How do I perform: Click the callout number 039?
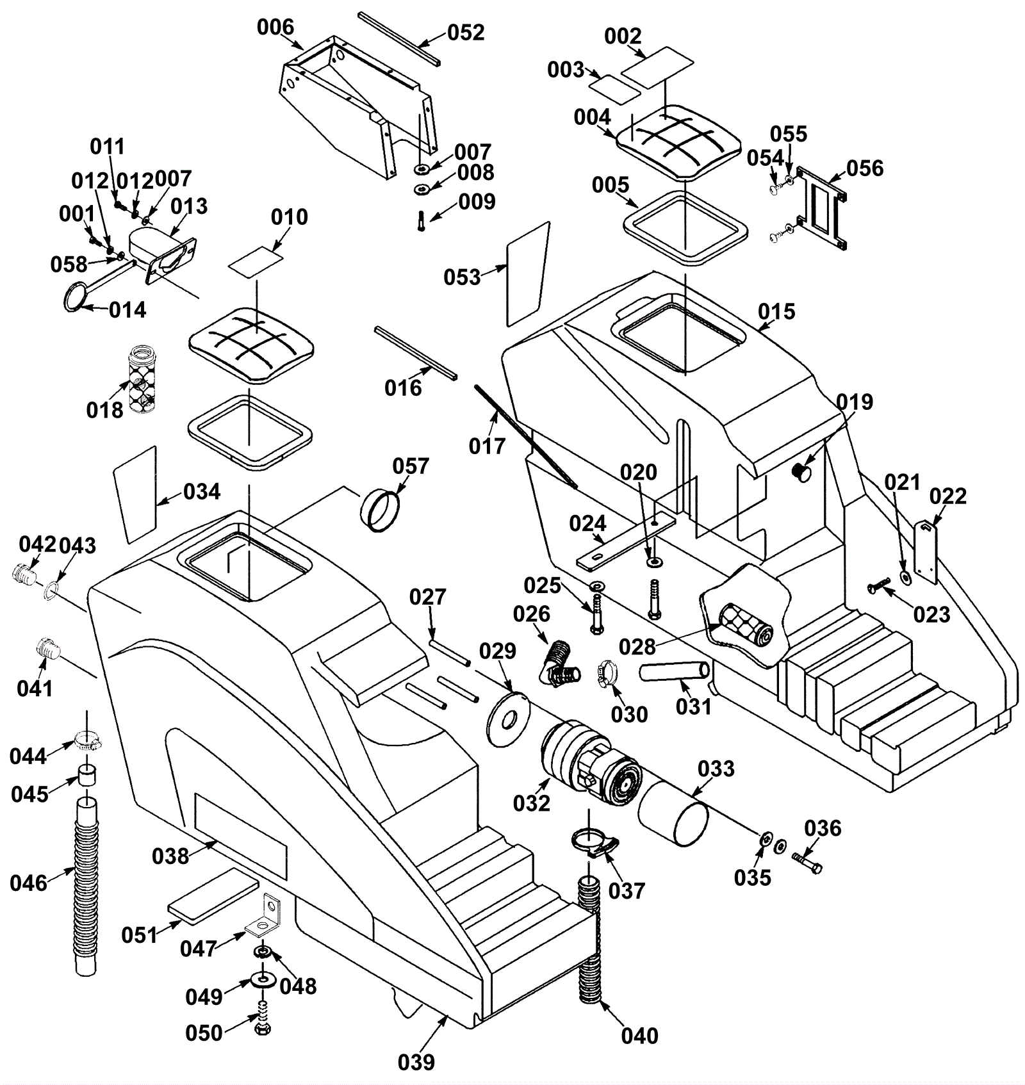coord(416,1062)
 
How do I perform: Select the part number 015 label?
coord(776,312)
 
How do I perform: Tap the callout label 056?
coord(865,168)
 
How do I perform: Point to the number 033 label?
coord(716,769)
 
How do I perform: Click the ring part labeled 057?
coord(381,510)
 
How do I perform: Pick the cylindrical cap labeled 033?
coord(673,813)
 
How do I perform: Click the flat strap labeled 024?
coord(625,541)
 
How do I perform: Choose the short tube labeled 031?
coord(674,673)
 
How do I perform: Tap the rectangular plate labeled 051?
coord(213,896)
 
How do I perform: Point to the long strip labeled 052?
coord(399,38)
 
